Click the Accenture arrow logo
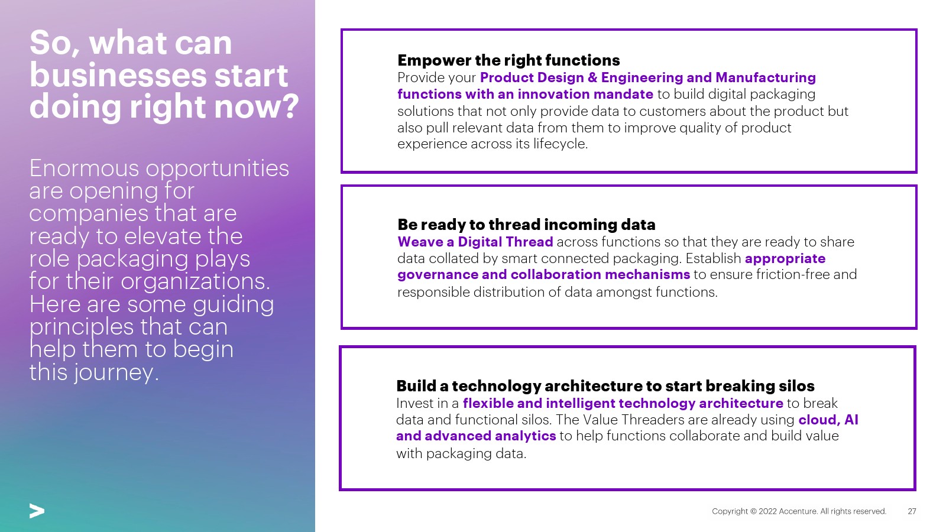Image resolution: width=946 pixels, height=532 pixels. pos(37,511)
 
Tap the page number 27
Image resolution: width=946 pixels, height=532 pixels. pos(912,511)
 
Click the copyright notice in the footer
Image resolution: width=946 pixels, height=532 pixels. pos(799,511)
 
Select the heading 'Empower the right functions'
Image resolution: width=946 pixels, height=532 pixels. pos(508,60)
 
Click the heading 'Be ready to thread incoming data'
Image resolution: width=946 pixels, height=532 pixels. pos(526,225)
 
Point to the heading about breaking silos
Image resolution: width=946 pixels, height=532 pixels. pos(605,386)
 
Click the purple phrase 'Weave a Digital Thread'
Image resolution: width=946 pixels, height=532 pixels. pos(475,242)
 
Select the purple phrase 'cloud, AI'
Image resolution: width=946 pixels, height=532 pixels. pos(828,420)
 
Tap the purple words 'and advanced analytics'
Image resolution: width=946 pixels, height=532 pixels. pos(476,436)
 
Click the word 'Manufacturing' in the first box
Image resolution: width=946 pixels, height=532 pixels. pos(766,77)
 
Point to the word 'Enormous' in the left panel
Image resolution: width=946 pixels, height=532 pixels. pos(84,168)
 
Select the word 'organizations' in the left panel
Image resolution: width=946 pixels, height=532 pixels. pos(194,281)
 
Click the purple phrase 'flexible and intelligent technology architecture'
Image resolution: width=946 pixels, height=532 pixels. pos(623,403)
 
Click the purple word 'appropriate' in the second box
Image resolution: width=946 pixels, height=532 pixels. pos(785,258)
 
